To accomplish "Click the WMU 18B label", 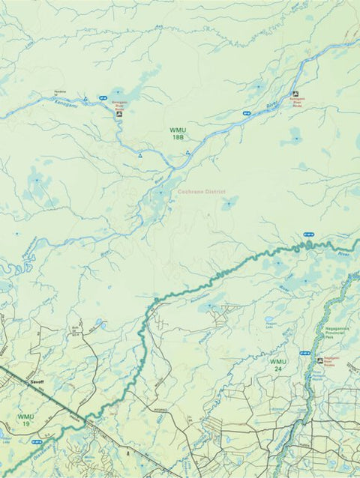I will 177,133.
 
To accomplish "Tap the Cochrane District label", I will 202,192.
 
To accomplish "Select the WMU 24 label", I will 277,364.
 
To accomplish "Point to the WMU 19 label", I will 26,420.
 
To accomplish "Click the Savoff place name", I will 37,382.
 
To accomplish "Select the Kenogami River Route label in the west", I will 119,105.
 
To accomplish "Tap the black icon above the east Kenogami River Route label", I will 295,94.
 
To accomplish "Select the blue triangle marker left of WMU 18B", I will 139,156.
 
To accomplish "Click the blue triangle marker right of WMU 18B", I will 187,152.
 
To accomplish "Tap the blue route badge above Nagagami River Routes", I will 304,352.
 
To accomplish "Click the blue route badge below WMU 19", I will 36,442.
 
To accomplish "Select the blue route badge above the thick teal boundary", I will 307,235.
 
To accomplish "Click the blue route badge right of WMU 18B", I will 246,112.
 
